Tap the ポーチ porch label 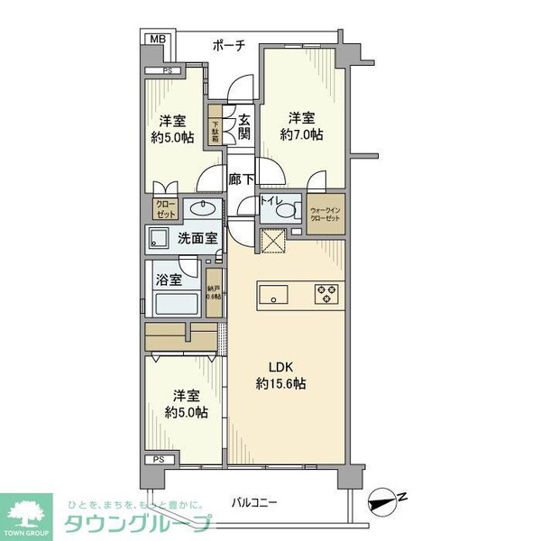[229, 45]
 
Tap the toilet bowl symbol [287, 211]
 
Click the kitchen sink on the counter [274, 294]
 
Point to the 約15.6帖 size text [281, 383]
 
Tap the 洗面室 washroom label [197, 240]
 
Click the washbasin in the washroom [206, 210]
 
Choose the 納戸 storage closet [214, 294]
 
